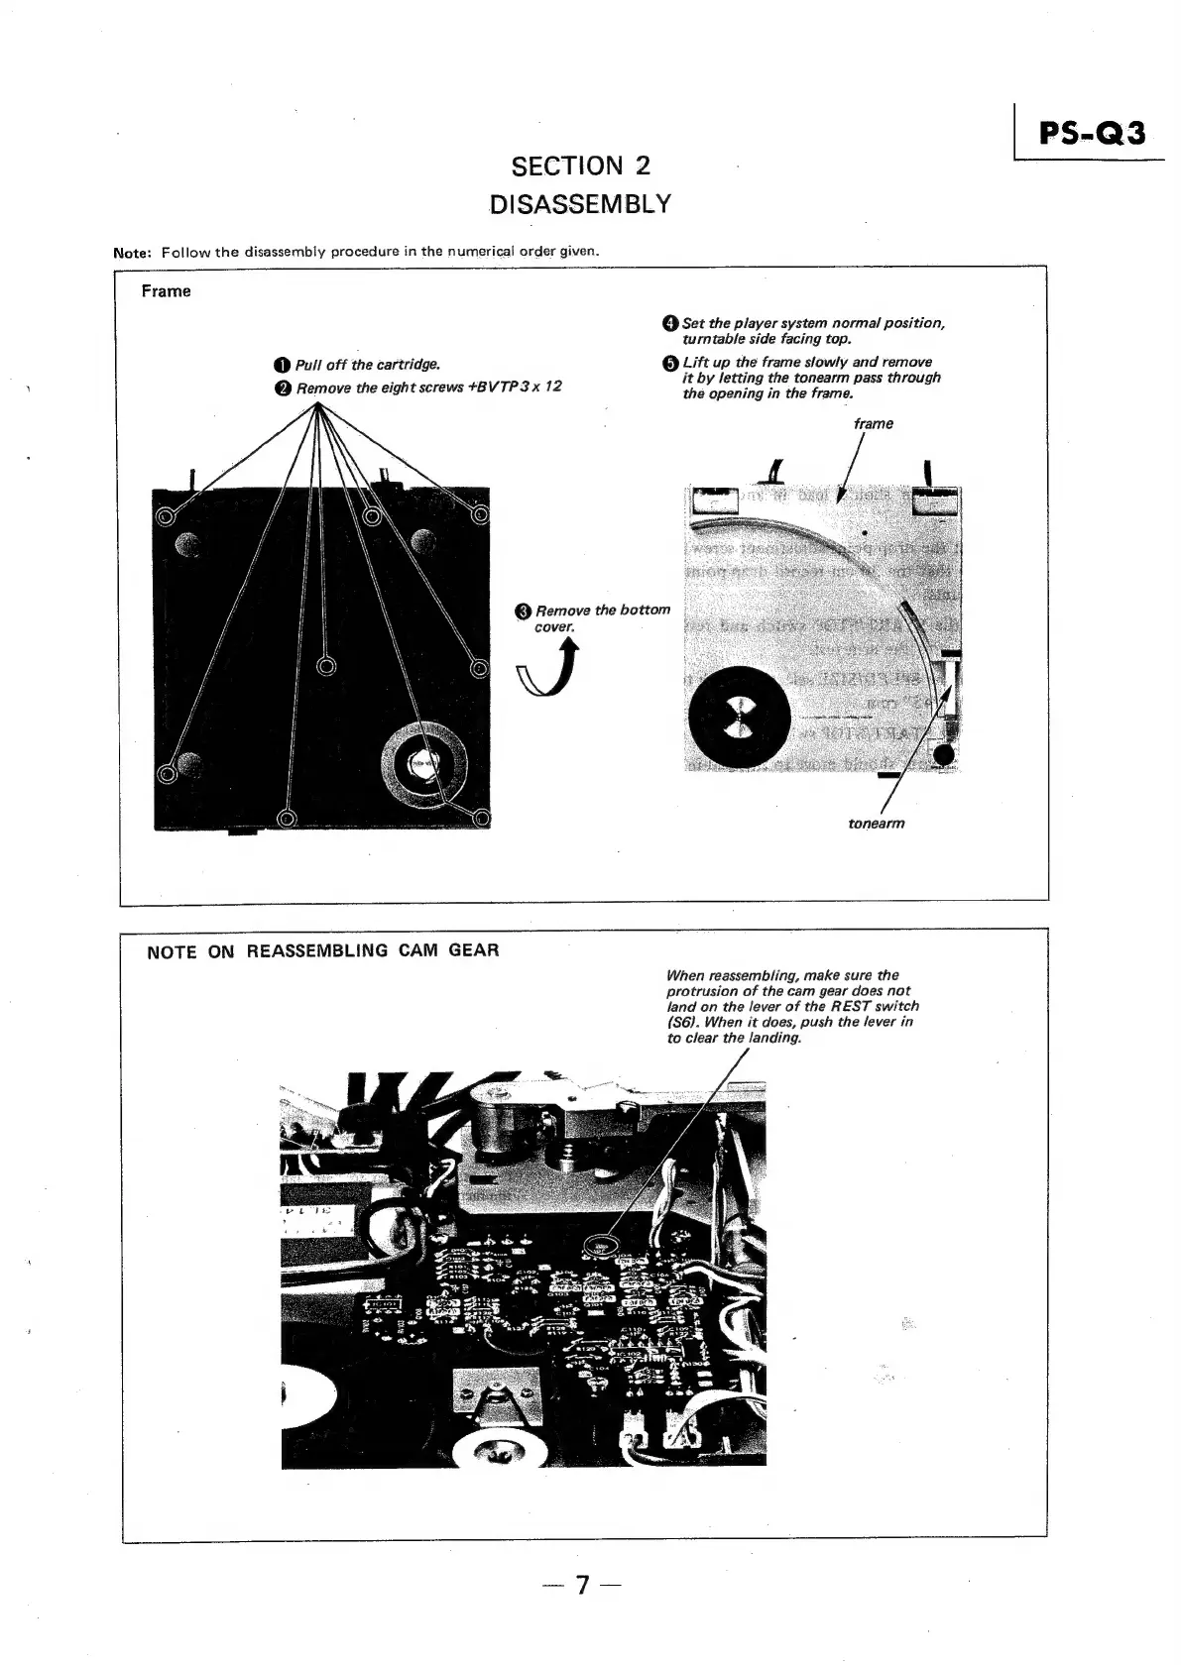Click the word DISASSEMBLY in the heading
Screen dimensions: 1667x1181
point(580,204)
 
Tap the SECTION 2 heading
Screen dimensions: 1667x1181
point(580,166)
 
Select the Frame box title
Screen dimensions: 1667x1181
point(166,291)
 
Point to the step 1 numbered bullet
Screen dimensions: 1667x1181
point(285,366)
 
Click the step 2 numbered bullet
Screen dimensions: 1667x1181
point(285,388)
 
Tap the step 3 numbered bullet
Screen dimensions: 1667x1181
point(524,611)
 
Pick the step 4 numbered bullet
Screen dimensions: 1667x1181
point(669,323)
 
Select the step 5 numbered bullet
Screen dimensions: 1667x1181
point(669,363)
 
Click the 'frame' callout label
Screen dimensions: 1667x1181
point(873,423)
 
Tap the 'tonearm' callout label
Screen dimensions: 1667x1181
point(876,823)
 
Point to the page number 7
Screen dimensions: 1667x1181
point(582,1586)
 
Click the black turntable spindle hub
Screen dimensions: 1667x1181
point(739,717)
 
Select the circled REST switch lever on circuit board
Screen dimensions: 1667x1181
point(599,1247)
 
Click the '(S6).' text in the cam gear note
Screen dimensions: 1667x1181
point(687,1022)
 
